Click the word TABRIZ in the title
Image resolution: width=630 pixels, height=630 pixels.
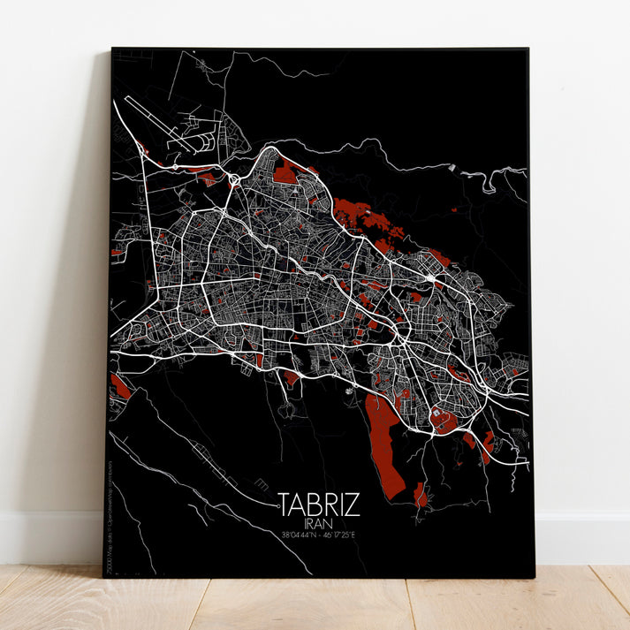319,505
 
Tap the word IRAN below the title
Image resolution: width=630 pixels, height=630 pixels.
319,523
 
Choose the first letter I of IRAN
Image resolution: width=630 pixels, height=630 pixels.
304,523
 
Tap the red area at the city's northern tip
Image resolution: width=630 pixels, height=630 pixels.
285,172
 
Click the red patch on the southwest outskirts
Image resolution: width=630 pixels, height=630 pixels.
120,385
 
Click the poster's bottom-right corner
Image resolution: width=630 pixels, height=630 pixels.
534,577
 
